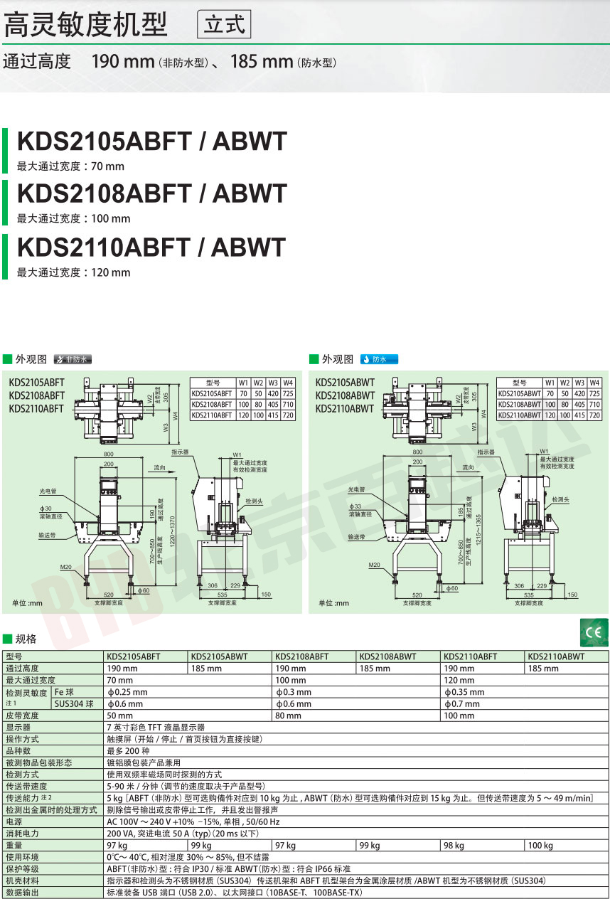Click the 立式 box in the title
[x=223, y=25]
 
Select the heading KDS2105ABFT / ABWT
[x=151, y=141]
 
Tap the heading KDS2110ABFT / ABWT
[x=151, y=247]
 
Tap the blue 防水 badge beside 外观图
[x=379, y=359]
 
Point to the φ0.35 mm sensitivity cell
[x=464, y=692]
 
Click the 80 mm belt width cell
[x=288, y=716]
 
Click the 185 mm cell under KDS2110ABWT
[x=542, y=669]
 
